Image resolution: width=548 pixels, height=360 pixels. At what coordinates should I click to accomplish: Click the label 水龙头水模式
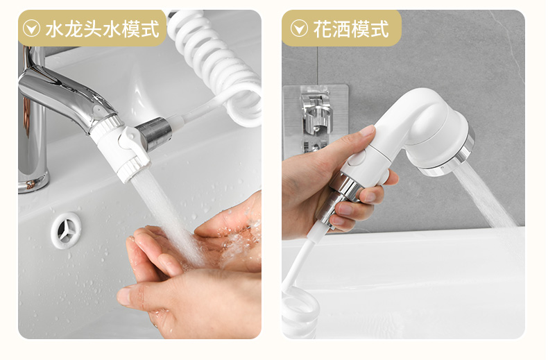coord(102,28)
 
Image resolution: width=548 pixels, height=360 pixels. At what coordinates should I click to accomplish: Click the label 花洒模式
coord(351,28)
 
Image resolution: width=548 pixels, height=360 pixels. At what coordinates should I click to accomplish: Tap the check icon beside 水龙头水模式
coord(31,28)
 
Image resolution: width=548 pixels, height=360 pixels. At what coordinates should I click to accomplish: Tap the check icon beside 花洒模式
coord(299,28)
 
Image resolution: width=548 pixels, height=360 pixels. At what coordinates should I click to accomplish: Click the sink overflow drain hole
coord(66,231)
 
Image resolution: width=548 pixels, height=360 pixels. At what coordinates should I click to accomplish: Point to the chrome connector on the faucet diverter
coord(155,133)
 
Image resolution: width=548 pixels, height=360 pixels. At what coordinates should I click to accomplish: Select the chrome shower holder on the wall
coord(316,118)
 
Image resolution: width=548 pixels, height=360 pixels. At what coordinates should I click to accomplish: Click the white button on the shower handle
coord(357,158)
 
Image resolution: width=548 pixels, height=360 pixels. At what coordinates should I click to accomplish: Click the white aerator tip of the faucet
coord(132,169)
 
